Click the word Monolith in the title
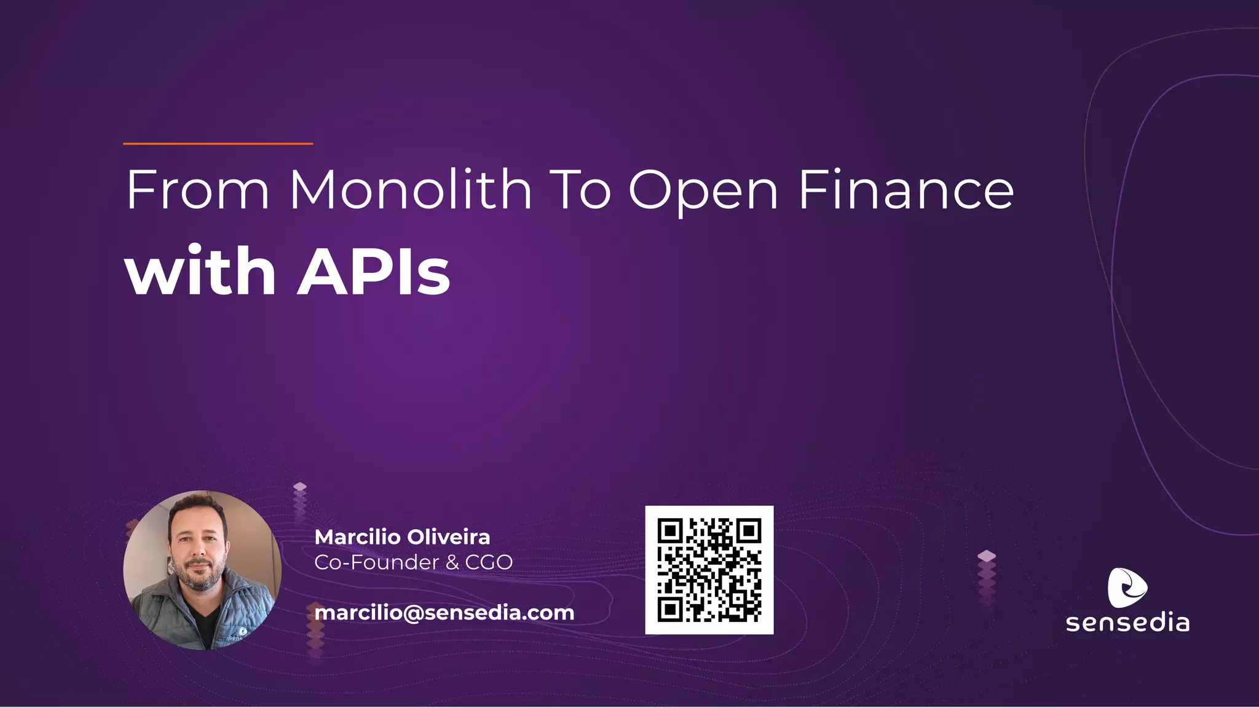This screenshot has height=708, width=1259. coord(410,190)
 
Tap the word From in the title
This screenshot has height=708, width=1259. coord(197,190)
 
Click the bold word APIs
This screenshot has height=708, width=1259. coord(374,271)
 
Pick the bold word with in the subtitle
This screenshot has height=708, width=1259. coord(200,271)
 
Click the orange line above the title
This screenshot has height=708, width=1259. coord(218,144)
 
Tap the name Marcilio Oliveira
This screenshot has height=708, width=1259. coord(402,537)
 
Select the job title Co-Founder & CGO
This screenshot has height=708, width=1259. coord(413,562)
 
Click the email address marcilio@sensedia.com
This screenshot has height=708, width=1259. coord(444,613)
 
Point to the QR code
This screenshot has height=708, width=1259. coord(709,570)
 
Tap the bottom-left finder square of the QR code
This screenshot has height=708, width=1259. coord(670,609)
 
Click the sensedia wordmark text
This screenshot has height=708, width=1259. coord(1127,623)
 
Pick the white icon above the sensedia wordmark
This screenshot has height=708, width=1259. coord(1126,588)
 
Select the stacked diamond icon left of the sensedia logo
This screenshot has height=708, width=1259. coord(986,575)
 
